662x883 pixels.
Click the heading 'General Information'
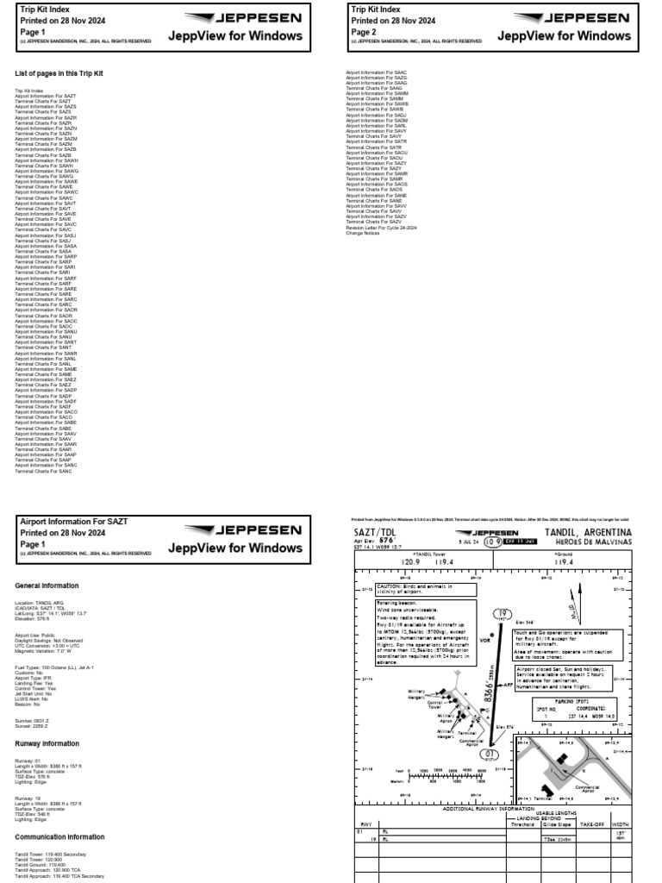tap(48, 585)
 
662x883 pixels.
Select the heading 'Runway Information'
tap(48, 742)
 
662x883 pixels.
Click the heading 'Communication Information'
tap(60, 836)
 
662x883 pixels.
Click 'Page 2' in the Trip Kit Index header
tap(363, 32)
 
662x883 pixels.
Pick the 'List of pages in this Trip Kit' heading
tap(60, 74)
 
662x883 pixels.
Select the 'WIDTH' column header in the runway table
tap(621, 825)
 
